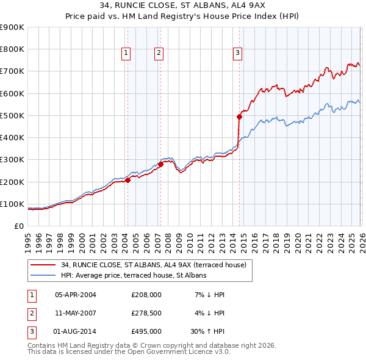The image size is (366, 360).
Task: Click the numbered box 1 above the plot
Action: coord(126,54)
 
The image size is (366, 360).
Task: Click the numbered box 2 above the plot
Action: coord(158,54)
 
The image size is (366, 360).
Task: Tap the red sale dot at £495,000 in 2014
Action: coord(239,117)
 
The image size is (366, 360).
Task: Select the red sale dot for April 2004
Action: coord(127,180)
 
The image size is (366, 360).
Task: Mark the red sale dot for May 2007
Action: coord(160,164)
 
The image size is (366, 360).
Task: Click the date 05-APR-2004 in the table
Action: coord(76,295)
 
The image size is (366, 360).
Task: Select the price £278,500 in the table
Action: coord(146,313)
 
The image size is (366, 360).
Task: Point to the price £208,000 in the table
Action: coord(146,295)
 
